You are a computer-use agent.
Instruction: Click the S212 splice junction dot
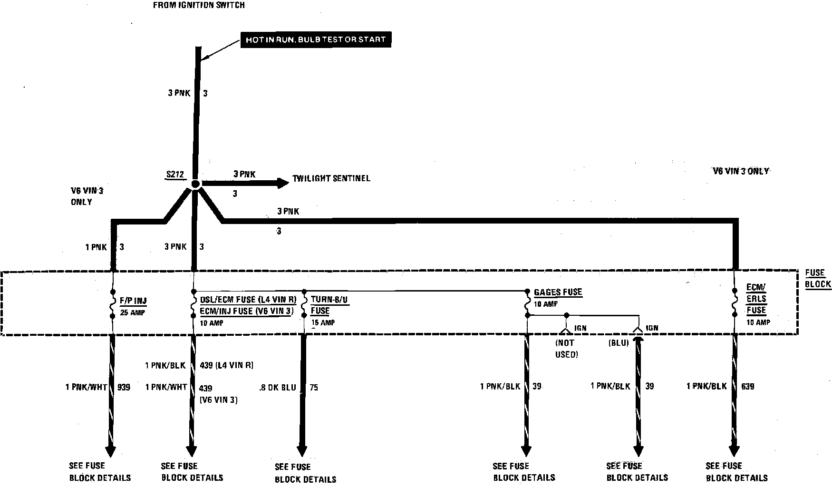[195, 184]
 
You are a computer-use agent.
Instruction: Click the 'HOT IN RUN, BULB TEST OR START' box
[316, 39]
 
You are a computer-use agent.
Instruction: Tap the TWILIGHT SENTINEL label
[331, 178]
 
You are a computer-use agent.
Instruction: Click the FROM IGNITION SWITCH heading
[199, 5]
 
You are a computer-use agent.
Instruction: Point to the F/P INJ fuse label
[133, 301]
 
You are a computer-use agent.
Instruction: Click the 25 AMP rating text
[133, 312]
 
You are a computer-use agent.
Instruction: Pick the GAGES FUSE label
[558, 292]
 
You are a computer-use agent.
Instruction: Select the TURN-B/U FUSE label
[329, 304]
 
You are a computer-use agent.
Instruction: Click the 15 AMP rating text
[323, 322]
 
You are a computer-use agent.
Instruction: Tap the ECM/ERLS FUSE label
[756, 299]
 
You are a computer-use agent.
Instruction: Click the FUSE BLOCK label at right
[818, 279]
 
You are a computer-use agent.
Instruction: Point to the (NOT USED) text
[566, 349]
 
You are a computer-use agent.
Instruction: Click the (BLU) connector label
[618, 343]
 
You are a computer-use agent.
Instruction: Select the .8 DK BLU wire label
[278, 388]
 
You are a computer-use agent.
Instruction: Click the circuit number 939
[124, 387]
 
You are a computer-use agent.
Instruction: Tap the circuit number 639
[747, 386]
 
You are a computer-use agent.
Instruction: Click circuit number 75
[314, 388]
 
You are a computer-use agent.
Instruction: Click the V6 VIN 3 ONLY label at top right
[741, 171]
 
